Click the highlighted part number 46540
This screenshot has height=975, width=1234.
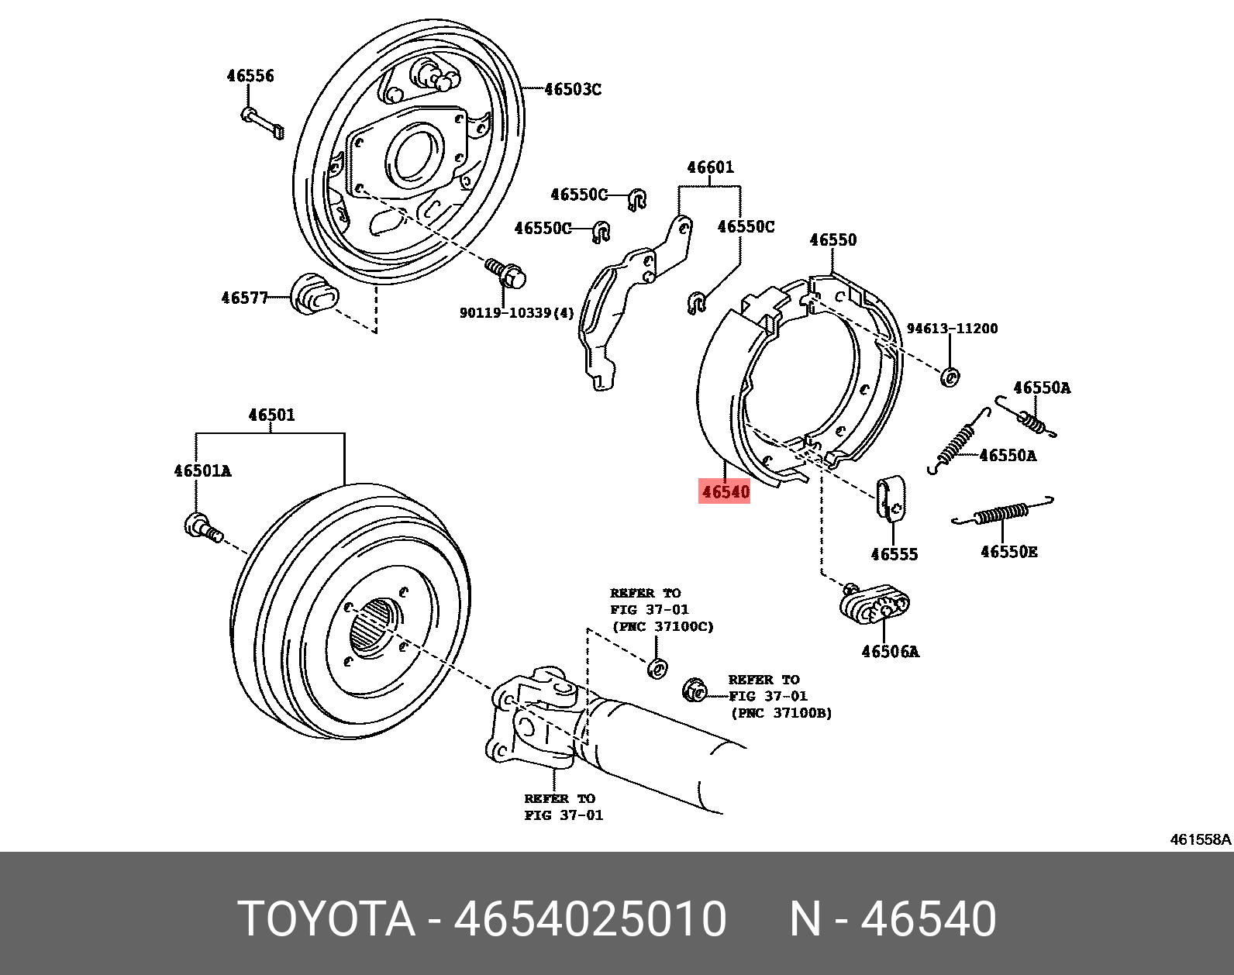tap(725, 491)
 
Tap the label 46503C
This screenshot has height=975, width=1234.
tap(572, 89)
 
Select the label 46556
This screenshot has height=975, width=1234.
tap(250, 76)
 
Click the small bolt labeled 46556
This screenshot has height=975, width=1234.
tap(264, 123)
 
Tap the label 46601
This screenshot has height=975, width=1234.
tap(709, 167)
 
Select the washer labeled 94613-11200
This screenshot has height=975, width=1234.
tap(950, 377)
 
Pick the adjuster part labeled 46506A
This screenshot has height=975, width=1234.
tap(874, 605)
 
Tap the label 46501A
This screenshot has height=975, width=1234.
tap(202, 471)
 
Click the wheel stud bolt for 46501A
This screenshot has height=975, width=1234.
tap(203, 528)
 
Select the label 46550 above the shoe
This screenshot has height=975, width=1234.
tap(832, 240)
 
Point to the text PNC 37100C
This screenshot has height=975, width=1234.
tap(663, 626)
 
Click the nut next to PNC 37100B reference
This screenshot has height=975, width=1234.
tap(695, 689)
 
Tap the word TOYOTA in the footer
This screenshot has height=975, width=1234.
tap(326, 919)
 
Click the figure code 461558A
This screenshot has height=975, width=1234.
tap(1199, 839)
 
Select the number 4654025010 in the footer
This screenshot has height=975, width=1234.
tap(590, 919)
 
